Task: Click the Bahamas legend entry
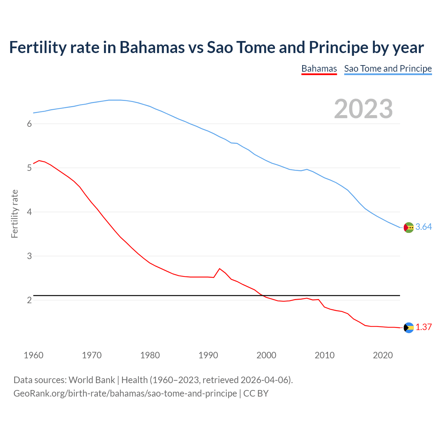click(x=319, y=69)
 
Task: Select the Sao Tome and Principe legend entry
click(x=388, y=69)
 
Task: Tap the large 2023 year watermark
click(x=363, y=109)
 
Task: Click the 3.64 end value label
click(x=423, y=227)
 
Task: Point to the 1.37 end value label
click(x=423, y=327)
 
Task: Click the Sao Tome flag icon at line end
click(x=409, y=227)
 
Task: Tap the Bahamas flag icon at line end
click(x=409, y=328)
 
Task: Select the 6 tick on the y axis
click(x=29, y=124)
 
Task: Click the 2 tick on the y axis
click(x=29, y=300)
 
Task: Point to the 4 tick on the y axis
click(x=29, y=212)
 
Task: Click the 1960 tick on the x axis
click(x=33, y=355)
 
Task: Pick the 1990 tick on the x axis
click(x=208, y=355)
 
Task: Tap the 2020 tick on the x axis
click(x=383, y=355)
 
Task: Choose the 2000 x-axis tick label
click(x=266, y=355)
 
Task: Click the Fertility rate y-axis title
click(x=14, y=214)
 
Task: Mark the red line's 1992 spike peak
click(x=220, y=268)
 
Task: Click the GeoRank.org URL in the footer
click(x=125, y=393)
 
